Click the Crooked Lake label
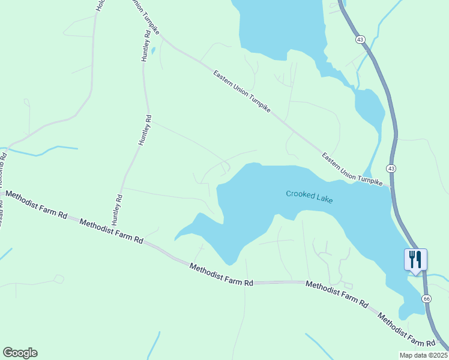(309, 196)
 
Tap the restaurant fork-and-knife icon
(415, 260)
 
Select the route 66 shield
(426, 298)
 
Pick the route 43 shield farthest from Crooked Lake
(360, 40)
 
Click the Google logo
(20, 353)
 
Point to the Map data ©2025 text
(423, 355)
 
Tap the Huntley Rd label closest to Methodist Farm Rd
(118, 208)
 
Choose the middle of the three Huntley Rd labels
(144, 130)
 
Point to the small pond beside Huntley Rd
(154, 50)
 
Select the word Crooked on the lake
(299, 194)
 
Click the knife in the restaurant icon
(420, 259)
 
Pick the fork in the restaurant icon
(412, 259)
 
